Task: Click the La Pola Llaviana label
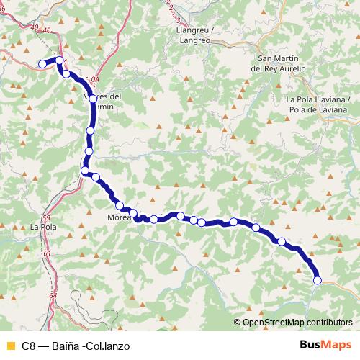(316, 99)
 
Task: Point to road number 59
(46, 217)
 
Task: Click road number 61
(48, 253)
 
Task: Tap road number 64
(53, 296)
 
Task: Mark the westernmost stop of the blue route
(42, 64)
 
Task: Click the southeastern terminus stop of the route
(318, 280)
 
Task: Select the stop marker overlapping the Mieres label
(93, 99)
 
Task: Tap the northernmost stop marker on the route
(60, 61)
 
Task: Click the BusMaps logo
(323, 346)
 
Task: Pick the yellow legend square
(10, 346)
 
